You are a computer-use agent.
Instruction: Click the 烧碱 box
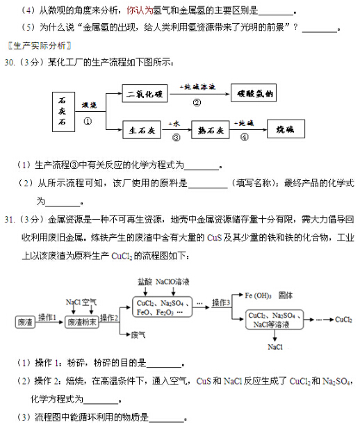[x=284, y=129]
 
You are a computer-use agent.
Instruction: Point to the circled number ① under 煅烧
[x=88, y=120]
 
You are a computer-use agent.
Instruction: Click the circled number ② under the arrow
[x=197, y=102]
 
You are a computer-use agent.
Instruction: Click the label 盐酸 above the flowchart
[x=144, y=282]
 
